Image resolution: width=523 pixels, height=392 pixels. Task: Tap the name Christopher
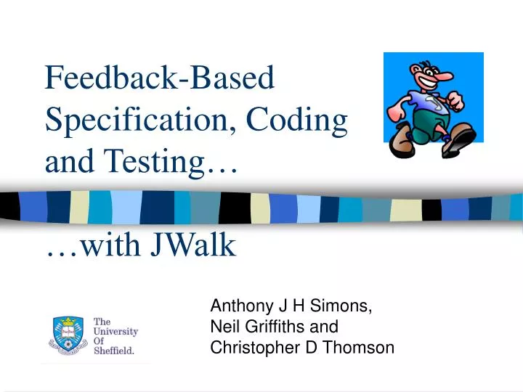[x=254, y=348]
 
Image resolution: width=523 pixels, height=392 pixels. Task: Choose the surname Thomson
[x=361, y=348]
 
